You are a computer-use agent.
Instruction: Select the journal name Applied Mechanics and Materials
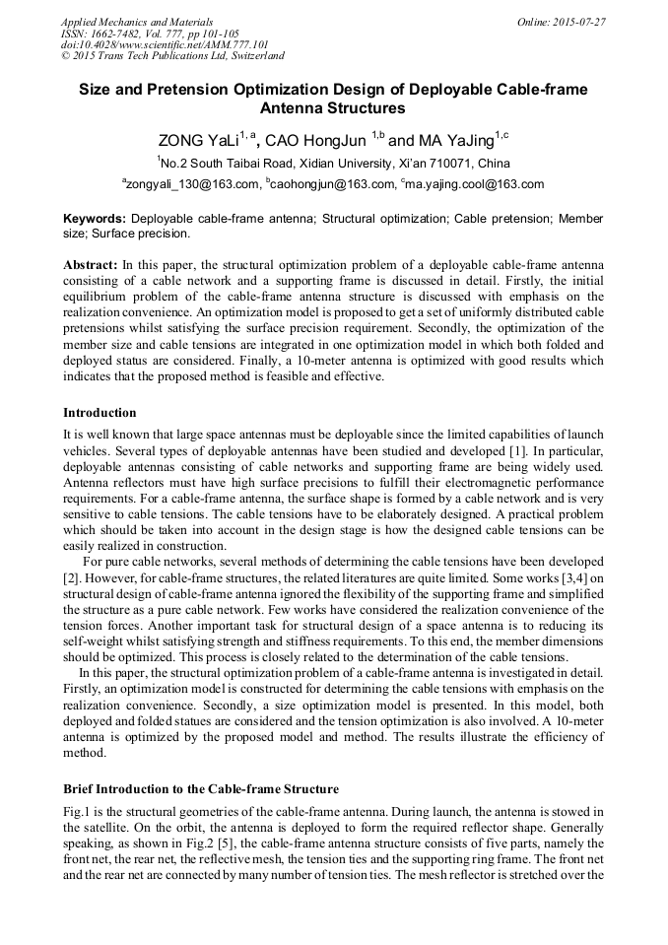(x=137, y=21)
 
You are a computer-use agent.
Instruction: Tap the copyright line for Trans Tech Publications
(x=172, y=56)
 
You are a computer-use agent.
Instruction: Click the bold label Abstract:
(x=91, y=266)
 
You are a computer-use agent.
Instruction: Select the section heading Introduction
(x=100, y=412)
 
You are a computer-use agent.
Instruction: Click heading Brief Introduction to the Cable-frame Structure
(x=201, y=789)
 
